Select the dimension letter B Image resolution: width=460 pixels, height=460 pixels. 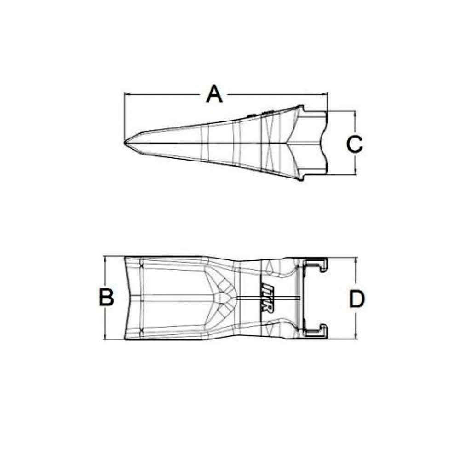pyautogui.click(x=107, y=298)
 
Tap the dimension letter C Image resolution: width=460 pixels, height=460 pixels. pyautogui.click(x=355, y=144)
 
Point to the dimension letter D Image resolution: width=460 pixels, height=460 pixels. pyautogui.click(x=356, y=299)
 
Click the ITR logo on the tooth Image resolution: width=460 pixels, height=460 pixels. pyautogui.click(x=267, y=298)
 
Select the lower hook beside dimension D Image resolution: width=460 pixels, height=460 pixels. pyautogui.click(x=316, y=330)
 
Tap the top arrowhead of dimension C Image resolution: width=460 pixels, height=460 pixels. pyautogui.click(x=355, y=113)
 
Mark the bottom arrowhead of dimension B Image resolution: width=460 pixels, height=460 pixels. pyautogui.click(x=106, y=338)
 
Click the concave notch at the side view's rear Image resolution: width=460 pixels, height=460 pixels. pyautogui.click(x=322, y=143)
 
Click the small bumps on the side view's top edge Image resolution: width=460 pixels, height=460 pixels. pyautogui.click(x=260, y=114)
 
